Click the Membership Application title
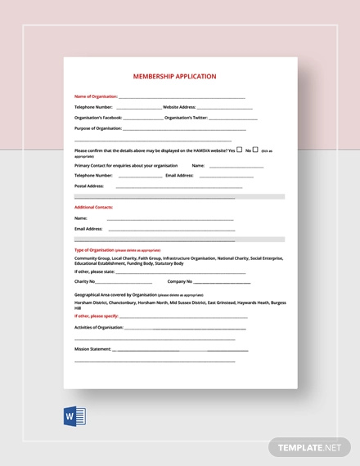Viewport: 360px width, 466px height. (x=175, y=76)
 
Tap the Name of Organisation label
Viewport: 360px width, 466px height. (x=96, y=96)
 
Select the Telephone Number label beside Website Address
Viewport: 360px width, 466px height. (x=93, y=107)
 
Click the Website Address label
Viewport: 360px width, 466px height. (x=179, y=107)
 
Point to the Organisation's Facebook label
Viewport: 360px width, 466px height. (x=98, y=118)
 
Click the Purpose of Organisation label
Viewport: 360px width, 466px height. (x=97, y=128)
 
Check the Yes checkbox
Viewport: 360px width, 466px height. (x=240, y=150)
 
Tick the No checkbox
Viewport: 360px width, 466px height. (x=255, y=150)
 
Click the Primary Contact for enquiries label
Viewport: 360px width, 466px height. (x=125, y=165)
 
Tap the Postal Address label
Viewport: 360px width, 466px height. (x=90, y=186)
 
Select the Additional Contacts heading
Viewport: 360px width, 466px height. (x=93, y=208)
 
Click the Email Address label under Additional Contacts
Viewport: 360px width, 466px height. (x=88, y=229)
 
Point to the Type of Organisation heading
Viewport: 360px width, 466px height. (x=94, y=250)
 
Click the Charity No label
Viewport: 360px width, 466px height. (x=86, y=281)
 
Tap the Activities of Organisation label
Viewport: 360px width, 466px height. (x=98, y=327)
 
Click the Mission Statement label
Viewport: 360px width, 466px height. (x=92, y=349)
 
